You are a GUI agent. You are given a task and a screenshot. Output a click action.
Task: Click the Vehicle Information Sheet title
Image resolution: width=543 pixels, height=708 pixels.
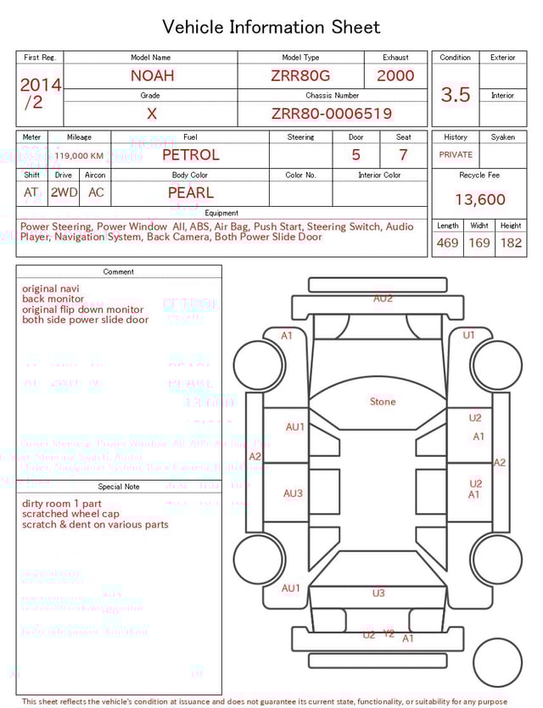pyautogui.click(x=271, y=27)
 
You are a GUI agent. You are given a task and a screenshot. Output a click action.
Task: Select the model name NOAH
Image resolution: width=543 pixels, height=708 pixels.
pyautogui.click(x=152, y=75)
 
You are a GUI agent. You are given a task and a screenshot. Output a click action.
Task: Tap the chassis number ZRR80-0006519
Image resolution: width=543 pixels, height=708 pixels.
pyautogui.click(x=332, y=114)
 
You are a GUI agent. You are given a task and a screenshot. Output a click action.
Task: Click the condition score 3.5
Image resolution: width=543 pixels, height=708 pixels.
pyautogui.click(x=455, y=95)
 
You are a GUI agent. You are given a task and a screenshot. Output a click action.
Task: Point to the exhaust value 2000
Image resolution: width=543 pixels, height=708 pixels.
pyautogui.click(x=395, y=75)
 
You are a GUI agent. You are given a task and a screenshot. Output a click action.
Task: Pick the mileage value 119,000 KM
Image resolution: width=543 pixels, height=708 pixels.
pyautogui.click(x=80, y=156)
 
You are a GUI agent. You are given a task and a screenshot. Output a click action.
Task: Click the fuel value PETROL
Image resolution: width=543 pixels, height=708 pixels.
pyautogui.click(x=190, y=155)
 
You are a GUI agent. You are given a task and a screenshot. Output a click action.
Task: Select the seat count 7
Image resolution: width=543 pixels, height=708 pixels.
pyautogui.click(x=403, y=155)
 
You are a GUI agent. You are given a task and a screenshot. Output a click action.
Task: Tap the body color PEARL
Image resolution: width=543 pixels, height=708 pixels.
pyautogui.click(x=190, y=192)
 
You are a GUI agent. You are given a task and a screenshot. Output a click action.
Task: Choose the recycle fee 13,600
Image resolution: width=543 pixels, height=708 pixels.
pyautogui.click(x=479, y=200)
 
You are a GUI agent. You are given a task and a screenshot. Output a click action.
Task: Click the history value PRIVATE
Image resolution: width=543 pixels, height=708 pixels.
pyautogui.click(x=456, y=155)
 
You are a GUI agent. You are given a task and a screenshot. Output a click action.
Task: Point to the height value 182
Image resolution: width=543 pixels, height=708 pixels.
pyautogui.click(x=511, y=243)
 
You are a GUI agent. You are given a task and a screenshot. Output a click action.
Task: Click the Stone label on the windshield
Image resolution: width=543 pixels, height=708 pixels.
pyautogui.click(x=383, y=402)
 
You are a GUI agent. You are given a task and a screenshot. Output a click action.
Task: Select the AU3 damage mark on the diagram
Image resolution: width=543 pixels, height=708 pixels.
pyautogui.click(x=294, y=493)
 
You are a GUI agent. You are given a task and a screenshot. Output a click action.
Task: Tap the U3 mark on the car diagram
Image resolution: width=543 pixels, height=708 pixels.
pyautogui.click(x=378, y=594)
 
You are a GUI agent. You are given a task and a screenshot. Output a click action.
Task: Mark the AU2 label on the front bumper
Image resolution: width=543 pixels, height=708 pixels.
pyautogui.click(x=383, y=298)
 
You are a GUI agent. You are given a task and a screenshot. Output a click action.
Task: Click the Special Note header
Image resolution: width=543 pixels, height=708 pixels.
pyautogui.click(x=119, y=487)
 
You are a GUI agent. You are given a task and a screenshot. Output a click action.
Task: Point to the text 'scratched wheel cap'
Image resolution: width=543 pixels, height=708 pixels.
pyautogui.click(x=70, y=514)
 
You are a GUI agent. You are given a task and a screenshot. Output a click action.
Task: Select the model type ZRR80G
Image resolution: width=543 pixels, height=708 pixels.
pyautogui.click(x=300, y=75)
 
